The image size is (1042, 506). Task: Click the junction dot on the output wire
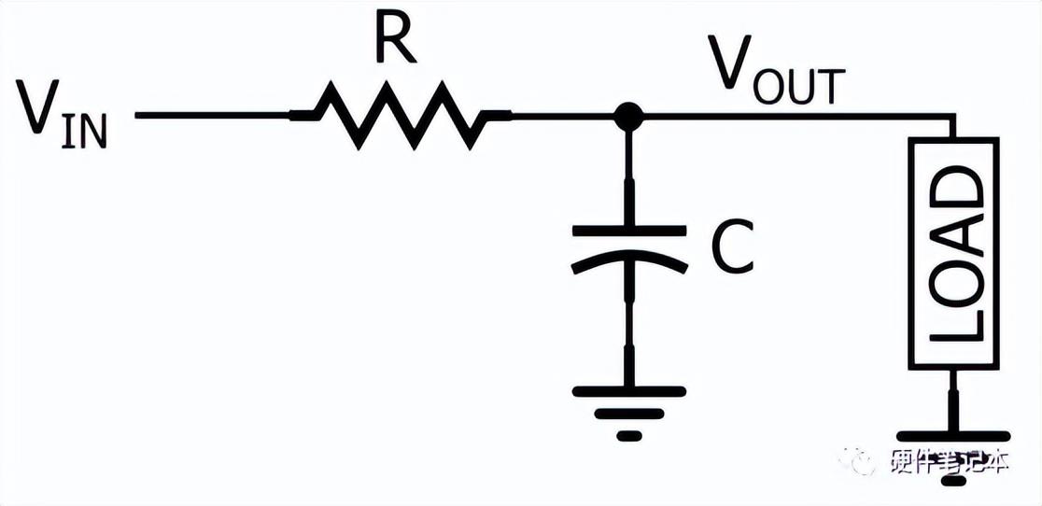[628, 116]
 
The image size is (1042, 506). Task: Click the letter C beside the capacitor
[731, 247]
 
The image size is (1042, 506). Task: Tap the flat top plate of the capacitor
[628, 227]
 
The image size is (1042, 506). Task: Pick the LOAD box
[953, 252]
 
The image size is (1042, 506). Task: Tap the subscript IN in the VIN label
[87, 132]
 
